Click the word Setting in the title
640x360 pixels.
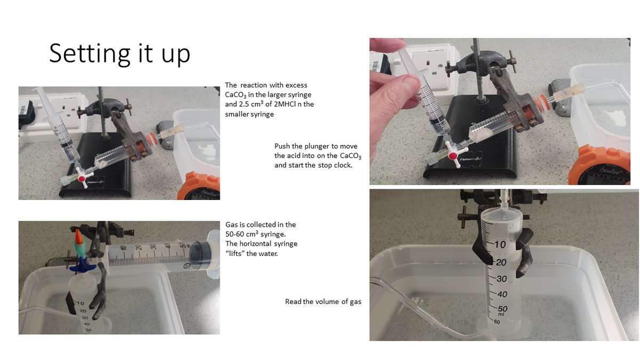pyautogui.click(x=90, y=54)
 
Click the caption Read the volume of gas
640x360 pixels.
pyautogui.click(x=323, y=302)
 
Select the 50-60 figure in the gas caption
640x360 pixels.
pyautogui.click(x=237, y=234)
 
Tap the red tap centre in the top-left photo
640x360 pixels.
pyautogui.click(x=82, y=179)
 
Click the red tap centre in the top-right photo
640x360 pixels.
pyautogui.click(x=453, y=156)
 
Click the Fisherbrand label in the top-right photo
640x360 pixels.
pyautogui.click(x=470, y=159)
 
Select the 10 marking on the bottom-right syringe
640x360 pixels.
pyautogui.click(x=500, y=244)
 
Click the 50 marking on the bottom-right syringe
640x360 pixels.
pyautogui.click(x=502, y=309)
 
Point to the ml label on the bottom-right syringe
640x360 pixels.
pyautogui.click(x=501, y=314)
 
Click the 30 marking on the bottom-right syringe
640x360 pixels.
pyautogui.click(x=501, y=278)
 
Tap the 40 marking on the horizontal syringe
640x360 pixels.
pyautogui.click(x=167, y=246)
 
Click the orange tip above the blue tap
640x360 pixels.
pyautogui.click(x=78, y=235)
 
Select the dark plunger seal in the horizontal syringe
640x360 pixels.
pyautogui.click(x=203, y=255)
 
